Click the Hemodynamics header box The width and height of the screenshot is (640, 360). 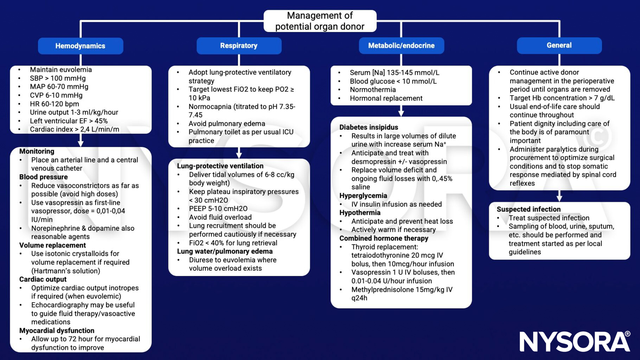(81, 46)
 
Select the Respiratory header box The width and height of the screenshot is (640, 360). (239, 46)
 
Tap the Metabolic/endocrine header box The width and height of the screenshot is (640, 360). (401, 46)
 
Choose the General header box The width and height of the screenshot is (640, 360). (559, 45)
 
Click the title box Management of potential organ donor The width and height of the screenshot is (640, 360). (320, 21)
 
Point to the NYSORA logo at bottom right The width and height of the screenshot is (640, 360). (575, 341)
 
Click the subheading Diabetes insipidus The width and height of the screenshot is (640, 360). (369, 127)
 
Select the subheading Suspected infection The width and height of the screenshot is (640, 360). (529, 209)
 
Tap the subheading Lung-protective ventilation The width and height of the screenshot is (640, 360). (220, 166)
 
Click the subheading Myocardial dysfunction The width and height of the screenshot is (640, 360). (57, 330)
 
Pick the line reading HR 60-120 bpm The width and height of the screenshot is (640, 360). (55, 104)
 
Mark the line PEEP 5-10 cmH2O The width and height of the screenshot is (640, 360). (218, 208)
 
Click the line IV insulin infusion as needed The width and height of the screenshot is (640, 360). (396, 204)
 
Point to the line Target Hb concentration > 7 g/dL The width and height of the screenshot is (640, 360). (562, 98)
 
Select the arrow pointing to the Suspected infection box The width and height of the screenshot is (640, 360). (559, 196)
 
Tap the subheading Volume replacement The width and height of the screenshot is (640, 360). (52, 245)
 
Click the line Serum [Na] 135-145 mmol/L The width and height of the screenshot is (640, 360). (394, 73)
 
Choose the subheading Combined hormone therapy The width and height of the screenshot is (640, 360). (384, 238)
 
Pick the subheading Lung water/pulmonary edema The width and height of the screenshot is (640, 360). (225, 251)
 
